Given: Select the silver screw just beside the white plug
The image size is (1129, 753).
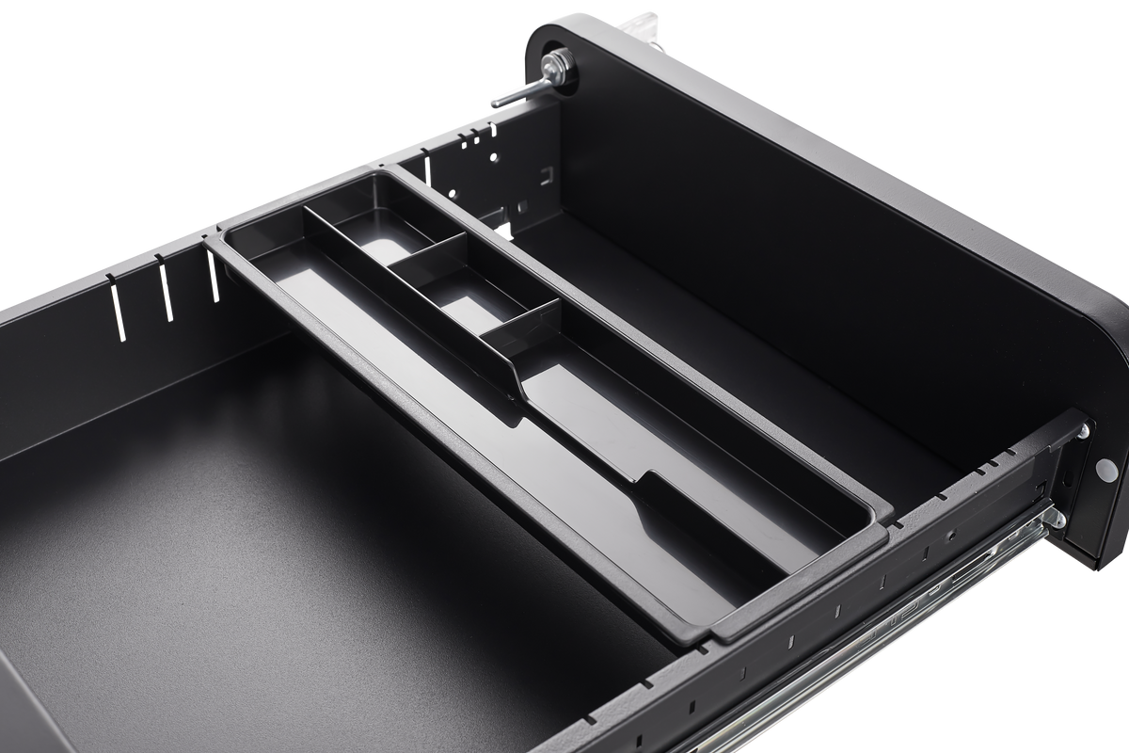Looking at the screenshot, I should (1084, 431).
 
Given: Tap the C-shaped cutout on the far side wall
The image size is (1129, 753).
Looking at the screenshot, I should (543, 175).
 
